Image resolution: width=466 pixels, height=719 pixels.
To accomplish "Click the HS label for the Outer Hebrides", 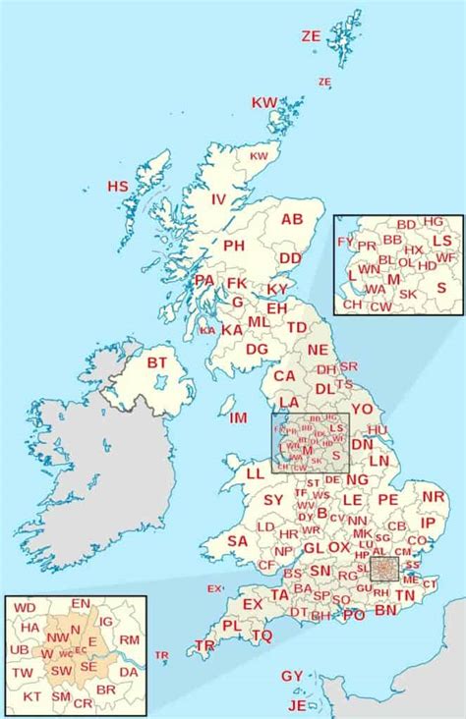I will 118,187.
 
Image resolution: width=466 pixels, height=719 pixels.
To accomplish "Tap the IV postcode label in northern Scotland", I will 219,199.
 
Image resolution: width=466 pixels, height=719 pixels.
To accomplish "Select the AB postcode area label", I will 292,220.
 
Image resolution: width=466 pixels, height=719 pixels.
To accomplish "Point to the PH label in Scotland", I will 234,246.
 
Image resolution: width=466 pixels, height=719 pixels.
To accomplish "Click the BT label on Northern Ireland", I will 157,362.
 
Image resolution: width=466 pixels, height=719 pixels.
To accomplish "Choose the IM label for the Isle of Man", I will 238,418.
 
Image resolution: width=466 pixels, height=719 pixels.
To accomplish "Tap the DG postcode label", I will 257,349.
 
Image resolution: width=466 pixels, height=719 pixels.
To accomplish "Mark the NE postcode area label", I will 318,350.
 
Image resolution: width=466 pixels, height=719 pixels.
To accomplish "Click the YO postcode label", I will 363,409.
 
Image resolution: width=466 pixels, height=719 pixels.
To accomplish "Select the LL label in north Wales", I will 255,473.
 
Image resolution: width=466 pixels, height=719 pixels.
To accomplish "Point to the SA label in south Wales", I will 237,540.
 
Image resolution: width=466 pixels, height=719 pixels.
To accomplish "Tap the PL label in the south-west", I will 231,626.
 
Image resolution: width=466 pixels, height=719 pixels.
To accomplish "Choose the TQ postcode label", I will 262,636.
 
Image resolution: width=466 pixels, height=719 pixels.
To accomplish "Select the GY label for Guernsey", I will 292,677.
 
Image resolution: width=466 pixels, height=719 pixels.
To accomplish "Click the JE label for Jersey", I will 297,705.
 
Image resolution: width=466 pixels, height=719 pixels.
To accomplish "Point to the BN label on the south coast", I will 386,610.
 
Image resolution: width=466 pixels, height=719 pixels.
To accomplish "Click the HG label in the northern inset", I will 434,222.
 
